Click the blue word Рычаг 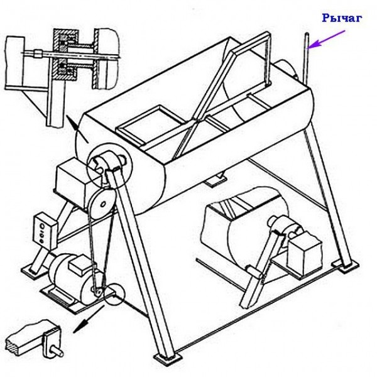point(342,18)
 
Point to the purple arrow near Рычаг point(327,39)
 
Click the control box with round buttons point(45,231)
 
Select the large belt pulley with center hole point(101,204)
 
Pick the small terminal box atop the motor point(80,265)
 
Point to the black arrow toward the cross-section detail point(77,129)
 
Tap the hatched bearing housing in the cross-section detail point(66,55)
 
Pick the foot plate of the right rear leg point(345,266)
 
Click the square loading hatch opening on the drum point(151,125)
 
